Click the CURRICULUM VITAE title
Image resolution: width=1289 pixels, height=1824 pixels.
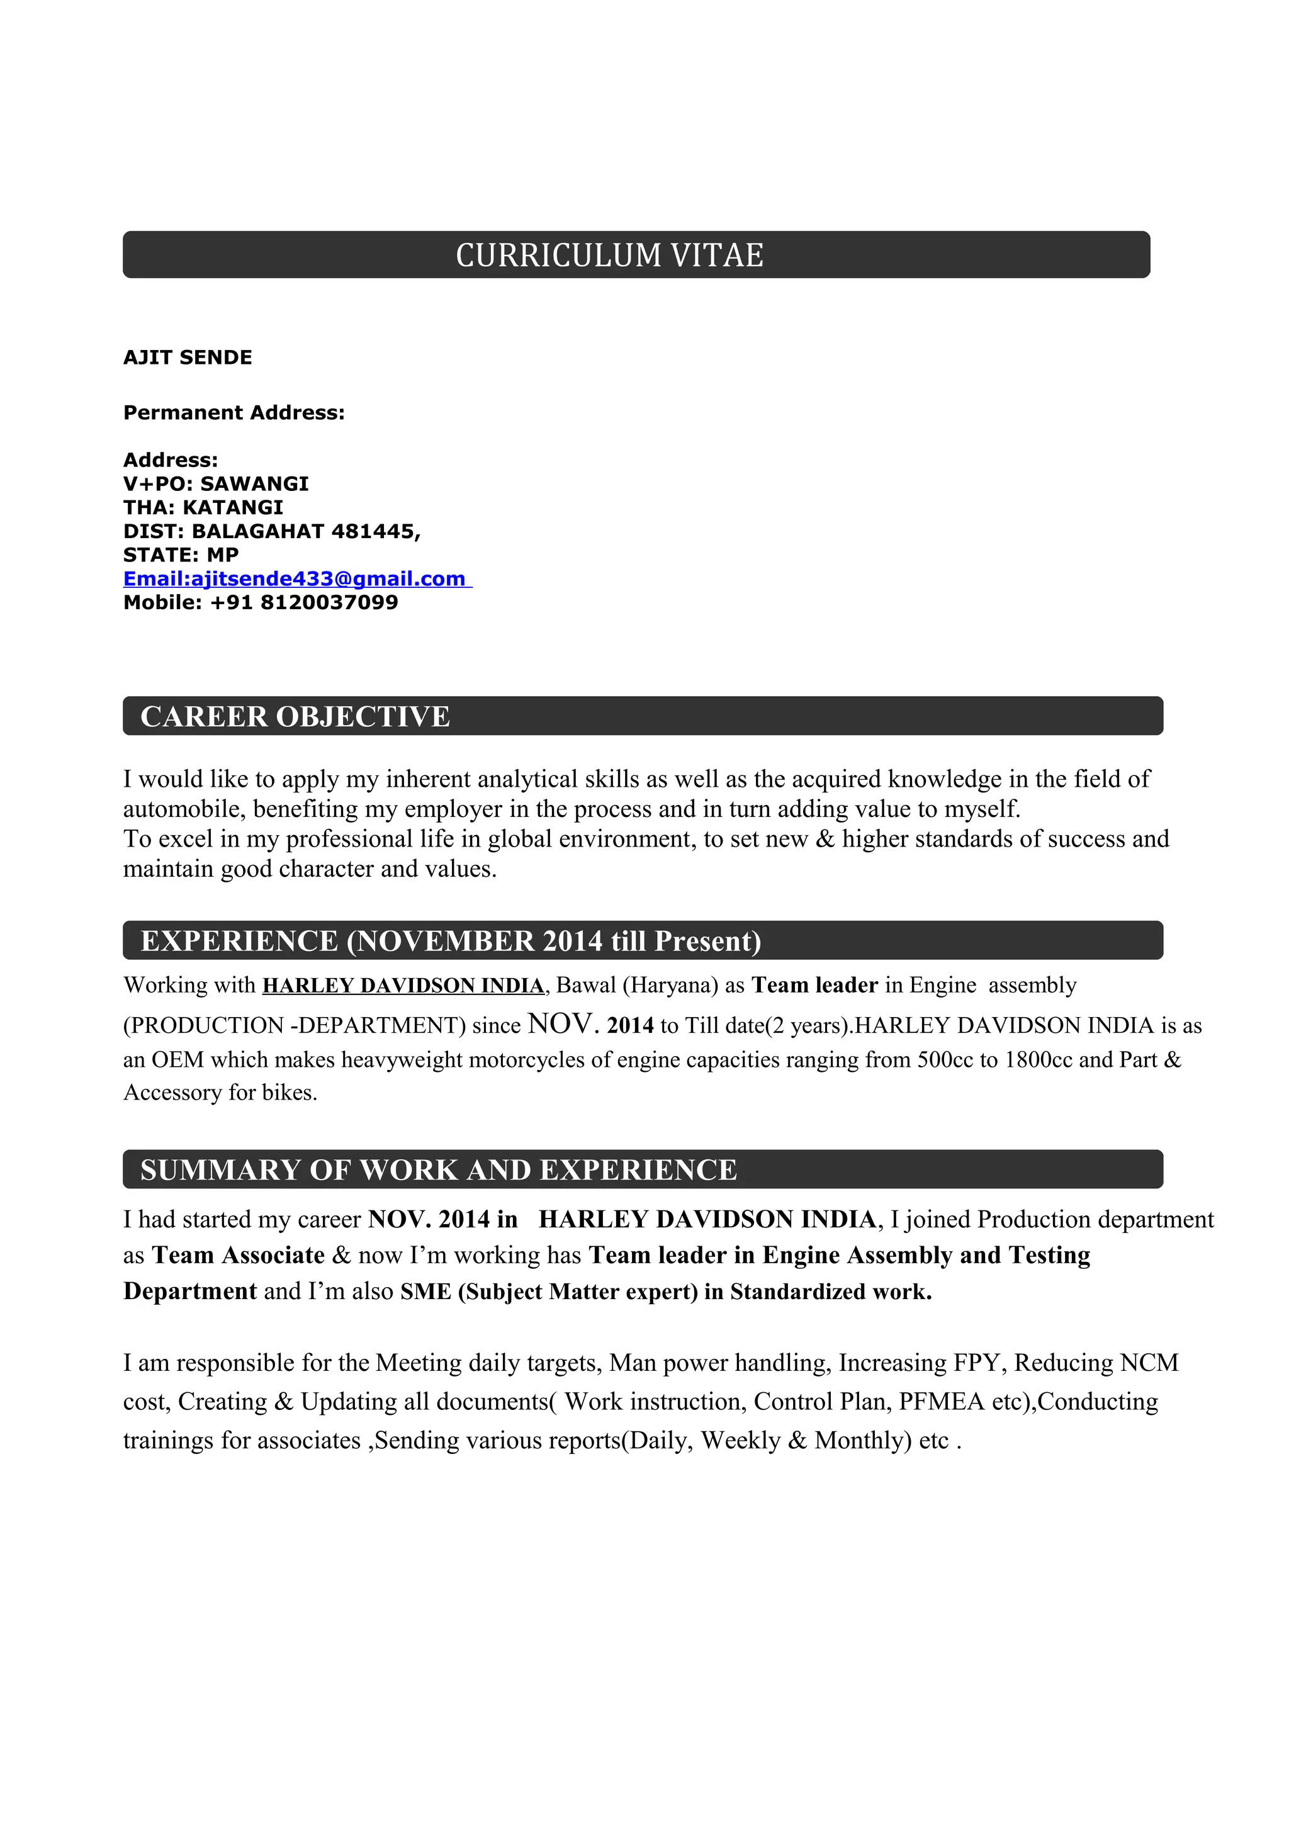609,255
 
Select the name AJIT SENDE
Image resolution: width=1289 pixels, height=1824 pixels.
188,357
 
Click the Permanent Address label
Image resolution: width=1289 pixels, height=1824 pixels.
234,412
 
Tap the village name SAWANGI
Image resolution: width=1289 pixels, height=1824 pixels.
254,484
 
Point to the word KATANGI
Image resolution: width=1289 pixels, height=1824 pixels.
233,508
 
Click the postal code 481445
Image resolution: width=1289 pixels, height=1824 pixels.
373,531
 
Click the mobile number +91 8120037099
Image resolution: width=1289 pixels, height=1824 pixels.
303,602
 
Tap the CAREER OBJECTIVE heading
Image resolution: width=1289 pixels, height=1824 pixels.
295,716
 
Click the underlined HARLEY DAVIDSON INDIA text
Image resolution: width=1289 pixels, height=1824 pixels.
403,985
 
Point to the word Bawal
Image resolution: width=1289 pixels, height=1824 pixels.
585,985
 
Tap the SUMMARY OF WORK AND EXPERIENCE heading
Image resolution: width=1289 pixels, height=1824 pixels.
439,1170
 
